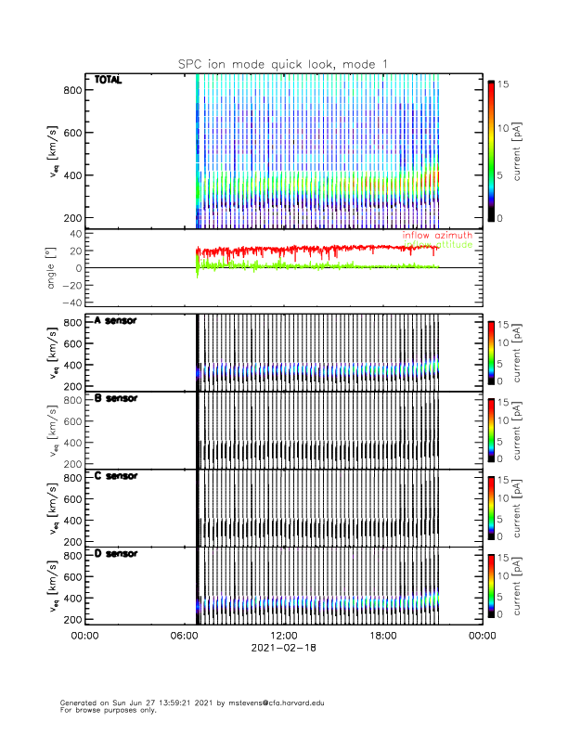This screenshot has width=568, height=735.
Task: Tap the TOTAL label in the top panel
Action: (109, 81)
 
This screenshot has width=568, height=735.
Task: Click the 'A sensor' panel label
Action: (116, 320)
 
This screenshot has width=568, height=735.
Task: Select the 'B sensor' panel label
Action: (116, 398)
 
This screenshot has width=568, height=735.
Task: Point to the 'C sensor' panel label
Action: (116, 476)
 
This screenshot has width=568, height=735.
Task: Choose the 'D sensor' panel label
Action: (116, 554)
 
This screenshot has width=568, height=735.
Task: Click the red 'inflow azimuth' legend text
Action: (436, 236)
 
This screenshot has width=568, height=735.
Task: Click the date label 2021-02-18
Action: (282, 649)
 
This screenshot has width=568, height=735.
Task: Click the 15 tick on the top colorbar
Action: (504, 84)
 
